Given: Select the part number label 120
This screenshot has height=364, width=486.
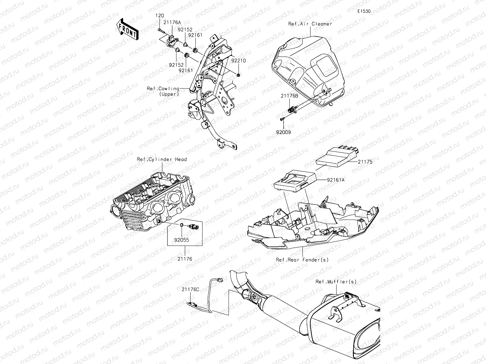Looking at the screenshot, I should (160, 16).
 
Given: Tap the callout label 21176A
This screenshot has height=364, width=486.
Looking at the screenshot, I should (172, 22).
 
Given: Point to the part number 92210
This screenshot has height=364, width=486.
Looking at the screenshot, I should (238, 60).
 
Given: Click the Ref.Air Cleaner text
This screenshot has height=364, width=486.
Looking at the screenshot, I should (310, 24).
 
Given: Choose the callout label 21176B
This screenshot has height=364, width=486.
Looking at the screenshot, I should (290, 96).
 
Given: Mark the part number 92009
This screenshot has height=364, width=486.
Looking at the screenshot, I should (283, 132).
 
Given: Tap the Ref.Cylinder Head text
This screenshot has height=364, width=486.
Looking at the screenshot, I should (162, 159).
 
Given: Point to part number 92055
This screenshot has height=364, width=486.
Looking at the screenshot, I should (182, 240).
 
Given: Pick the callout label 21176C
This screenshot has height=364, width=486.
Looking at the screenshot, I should (190, 289).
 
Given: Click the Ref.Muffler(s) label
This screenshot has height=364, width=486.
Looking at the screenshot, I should (336, 282).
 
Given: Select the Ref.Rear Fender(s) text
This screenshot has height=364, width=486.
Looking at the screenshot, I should (302, 260).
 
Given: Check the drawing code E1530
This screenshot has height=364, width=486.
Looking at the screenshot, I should (364, 11).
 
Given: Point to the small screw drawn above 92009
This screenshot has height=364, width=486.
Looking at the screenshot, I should (282, 119).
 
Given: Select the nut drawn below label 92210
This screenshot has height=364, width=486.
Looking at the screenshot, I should (238, 75).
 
